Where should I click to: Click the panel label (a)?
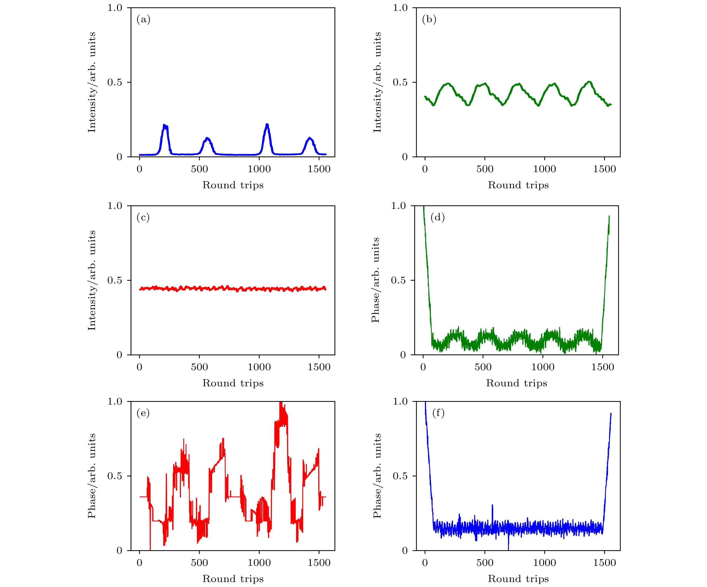point(143,20)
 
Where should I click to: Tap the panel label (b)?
point(429,20)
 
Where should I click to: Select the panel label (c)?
point(143,217)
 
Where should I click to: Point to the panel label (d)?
point(438,217)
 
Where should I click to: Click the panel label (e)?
point(143,413)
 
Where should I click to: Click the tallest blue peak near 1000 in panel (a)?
point(267,125)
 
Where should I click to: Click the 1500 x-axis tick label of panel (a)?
point(319,169)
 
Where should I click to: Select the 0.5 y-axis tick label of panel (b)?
point(400,82)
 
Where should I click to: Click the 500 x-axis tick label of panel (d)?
point(483,367)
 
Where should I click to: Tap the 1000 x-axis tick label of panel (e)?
point(259,563)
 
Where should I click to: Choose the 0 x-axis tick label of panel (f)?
point(425,563)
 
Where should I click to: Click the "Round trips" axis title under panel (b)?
point(518,185)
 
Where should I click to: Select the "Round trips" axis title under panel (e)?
point(233,579)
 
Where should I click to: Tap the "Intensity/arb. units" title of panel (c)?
point(92,280)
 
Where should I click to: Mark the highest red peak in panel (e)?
point(280,402)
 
